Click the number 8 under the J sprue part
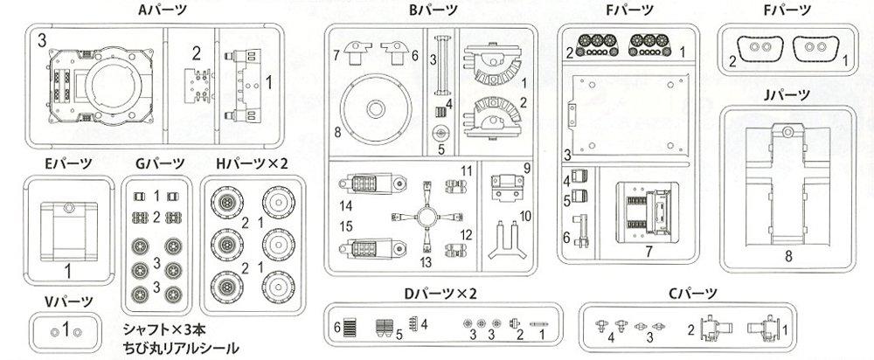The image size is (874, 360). coord(788,256)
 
